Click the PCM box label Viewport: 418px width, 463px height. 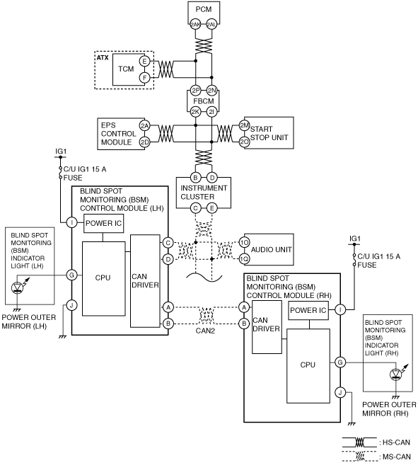(204, 9)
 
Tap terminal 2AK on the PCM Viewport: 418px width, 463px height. (195, 25)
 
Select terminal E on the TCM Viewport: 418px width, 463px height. (144, 62)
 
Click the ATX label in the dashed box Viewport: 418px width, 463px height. (103, 57)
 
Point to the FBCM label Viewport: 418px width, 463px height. (204, 101)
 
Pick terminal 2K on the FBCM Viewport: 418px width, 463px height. (195, 112)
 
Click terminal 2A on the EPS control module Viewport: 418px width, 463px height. (144, 126)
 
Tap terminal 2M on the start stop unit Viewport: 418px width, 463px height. (244, 125)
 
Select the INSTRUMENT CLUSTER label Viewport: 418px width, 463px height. (204, 193)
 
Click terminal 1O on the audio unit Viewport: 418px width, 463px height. (244, 242)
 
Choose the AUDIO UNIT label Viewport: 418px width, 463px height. (271, 250)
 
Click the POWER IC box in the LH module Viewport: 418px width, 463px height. (103, 224)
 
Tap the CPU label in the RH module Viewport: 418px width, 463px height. (308, 365)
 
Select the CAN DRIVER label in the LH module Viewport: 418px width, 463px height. (145, 281)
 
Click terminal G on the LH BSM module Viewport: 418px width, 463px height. (71, 275)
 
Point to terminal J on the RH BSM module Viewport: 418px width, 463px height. (340, 392)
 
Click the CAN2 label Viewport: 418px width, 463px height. (205, 331)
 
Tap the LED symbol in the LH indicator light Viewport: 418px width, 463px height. (18, 287)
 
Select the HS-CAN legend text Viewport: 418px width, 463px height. (397, 442)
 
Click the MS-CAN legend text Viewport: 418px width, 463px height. (397, 457)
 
